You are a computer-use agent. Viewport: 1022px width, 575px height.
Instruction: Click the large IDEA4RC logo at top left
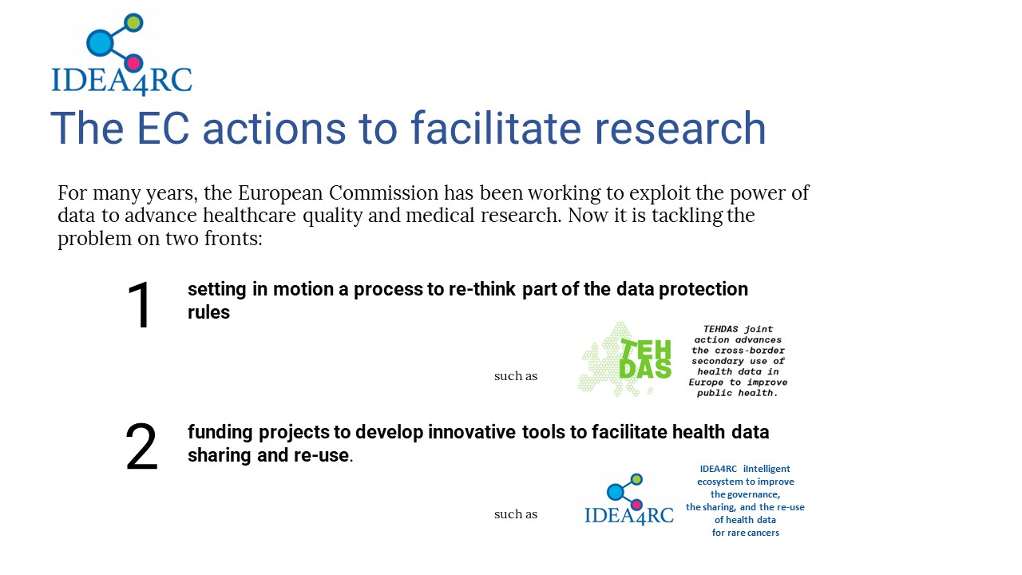[x=121, y=55]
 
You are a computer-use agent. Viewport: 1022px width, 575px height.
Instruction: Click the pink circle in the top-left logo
[x=133, y=63]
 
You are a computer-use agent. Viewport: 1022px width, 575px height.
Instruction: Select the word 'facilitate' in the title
[x=496, y=129]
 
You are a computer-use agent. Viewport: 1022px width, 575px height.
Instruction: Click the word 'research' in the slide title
[x=679, y=129]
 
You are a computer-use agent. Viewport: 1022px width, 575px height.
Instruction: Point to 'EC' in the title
[x=162, y=129]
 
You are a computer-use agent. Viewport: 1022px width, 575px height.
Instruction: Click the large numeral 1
[x=140, y=305]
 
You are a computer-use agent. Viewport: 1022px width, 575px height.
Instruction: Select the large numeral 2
[x=141, y=446]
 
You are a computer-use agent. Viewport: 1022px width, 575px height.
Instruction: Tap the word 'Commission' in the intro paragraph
[x=384, y=193]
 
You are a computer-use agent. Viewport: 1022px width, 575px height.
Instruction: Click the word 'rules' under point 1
[x=209, y=312]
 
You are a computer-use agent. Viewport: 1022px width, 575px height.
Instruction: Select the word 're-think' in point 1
[x=481, y=289]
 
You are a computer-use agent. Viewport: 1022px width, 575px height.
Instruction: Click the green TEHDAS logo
[x=625, y=359]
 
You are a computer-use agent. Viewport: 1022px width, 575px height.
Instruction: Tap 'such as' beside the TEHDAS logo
[x=516, y=376]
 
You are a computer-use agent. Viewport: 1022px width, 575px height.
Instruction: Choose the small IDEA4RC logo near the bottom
[x=628, y=499]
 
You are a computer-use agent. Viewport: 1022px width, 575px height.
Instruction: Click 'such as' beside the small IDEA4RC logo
[x=516, y=515]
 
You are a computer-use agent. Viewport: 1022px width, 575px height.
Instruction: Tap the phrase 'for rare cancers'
[x=746, y=533]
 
